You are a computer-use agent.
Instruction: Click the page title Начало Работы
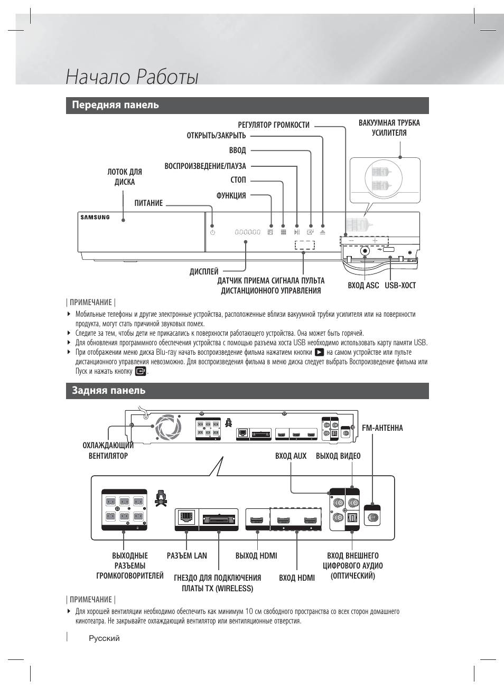click(x=132, y=77)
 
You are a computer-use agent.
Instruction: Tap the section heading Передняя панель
click(x=115, y=105)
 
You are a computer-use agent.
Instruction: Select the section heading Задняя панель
click(x=108, y=391)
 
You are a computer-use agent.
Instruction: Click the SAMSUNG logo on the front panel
click(x=95, y=217)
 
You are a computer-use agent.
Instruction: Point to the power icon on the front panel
click(x=212, y=232)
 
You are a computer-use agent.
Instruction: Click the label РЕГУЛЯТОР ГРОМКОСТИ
click(x=273, y=125)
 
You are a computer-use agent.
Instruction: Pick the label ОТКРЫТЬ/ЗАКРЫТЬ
click(x=216, y=136)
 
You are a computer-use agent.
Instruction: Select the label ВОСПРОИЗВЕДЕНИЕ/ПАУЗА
click(x=205, y=166)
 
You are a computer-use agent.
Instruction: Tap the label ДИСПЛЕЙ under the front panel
click(x=204, y=272)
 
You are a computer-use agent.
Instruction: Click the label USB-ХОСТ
click(x=400, y=286)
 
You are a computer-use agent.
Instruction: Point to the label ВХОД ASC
click(x=363, y=286)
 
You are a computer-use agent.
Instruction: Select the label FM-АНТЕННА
click(x=382, y=428)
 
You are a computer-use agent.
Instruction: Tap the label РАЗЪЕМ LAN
click(x=186, y=556)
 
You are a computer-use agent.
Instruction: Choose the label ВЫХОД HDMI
click(x=256, y=556)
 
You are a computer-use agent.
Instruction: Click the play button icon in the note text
click(x=319, y=352)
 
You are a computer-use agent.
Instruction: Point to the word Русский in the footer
click(x=104, y=638)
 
